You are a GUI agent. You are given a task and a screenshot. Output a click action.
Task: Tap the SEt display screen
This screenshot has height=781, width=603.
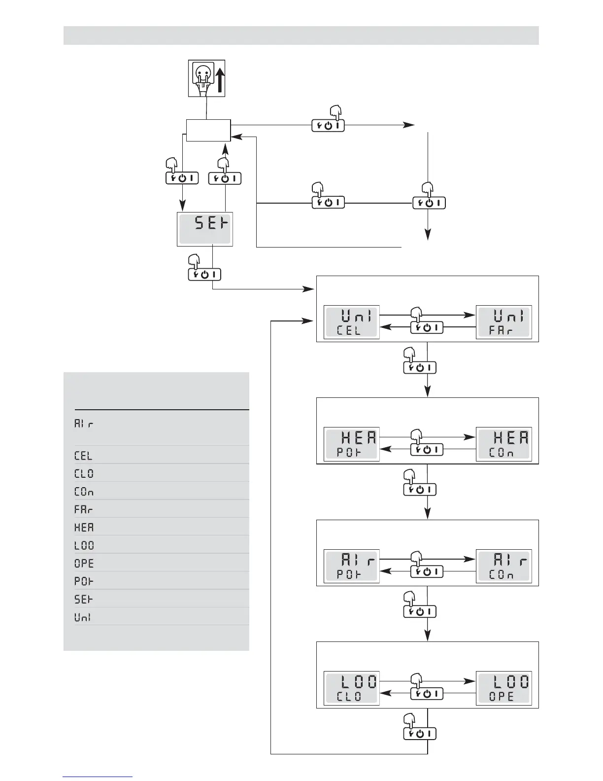tap(204, 229)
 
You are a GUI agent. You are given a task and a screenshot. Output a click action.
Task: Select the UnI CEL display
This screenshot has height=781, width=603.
tap(351, 322)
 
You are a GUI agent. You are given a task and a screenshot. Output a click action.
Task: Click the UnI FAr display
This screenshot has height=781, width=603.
tap(504, 322)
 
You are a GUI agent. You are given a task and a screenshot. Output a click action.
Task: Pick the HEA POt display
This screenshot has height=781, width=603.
tap(351, 444)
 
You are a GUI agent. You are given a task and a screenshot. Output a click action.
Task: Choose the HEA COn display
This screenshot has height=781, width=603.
tap(504, 444)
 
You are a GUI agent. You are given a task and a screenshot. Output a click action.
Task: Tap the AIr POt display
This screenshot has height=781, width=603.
tap(351, 567)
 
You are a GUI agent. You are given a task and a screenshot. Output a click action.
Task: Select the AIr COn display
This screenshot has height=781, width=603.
tap(504, 567)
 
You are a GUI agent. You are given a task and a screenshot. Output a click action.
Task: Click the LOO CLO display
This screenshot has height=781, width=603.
tap(351, 689)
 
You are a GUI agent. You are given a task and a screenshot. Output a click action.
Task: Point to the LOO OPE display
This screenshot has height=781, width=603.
tap(504, 689)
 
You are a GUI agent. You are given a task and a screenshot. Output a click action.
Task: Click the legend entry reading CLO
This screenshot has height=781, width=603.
tap(84, 474)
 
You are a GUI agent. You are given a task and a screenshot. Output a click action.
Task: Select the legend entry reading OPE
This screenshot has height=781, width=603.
tap(84, 564)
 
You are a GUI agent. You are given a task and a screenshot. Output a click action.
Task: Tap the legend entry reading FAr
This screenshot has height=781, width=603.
tap(84, 509)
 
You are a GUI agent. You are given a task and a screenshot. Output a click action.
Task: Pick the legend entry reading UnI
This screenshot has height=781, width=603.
tap(83, 617)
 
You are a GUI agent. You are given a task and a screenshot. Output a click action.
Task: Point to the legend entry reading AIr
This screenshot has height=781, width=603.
tap(84, 424)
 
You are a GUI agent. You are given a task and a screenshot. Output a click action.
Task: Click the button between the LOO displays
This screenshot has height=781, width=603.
tap(427, 694)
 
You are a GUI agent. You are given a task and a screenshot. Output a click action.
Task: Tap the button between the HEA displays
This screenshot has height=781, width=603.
tap(427, 449)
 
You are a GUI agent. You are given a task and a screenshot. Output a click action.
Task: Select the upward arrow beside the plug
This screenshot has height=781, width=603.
tap(220, 80)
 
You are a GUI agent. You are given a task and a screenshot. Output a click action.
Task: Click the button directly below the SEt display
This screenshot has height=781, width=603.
tap(204, 275)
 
